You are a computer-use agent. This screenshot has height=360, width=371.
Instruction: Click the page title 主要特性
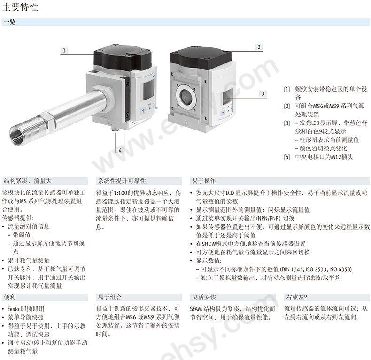click(20, 7)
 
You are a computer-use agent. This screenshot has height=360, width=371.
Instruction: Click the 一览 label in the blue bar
click(10, 22)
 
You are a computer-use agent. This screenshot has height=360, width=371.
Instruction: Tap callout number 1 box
click(64, 50)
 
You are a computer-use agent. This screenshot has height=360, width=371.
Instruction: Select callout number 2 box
click(259, 47)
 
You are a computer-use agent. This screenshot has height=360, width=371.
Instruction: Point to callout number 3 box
click(263, 94)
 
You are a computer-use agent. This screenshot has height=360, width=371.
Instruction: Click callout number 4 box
click(120, 150)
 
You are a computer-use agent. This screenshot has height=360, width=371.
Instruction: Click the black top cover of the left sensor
click(123, 57)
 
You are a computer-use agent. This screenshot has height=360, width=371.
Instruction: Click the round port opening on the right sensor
click(187, 97)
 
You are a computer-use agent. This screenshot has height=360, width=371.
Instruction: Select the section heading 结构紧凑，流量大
click(27, 181)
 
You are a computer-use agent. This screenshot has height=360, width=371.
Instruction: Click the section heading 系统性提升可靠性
click(122, 181)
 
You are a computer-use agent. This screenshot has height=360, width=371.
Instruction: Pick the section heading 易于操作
click(204, 181)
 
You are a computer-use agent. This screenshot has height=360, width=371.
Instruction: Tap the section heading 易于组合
click(110, 297)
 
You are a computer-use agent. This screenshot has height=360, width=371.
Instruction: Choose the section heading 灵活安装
click(204, 297)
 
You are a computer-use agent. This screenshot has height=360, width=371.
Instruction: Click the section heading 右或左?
click(296, 297)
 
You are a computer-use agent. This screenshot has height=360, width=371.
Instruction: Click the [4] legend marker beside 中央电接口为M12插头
click(287, 157)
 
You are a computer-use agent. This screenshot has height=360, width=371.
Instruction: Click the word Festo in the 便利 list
click(13, 309)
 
